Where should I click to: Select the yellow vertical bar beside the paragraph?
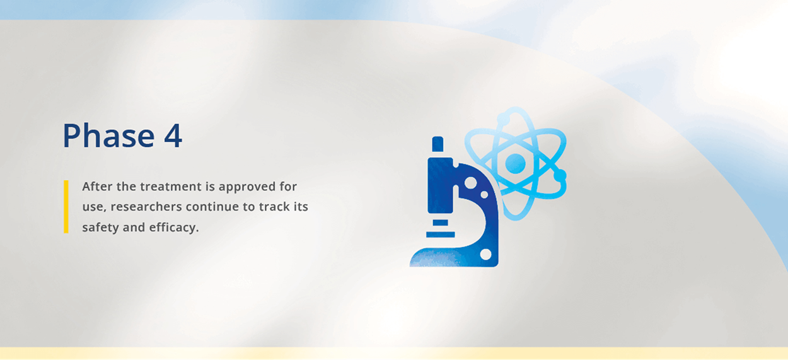[x=66, y=207]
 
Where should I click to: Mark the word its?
[x=300, y=207]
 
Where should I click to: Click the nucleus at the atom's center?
[x=515, y=163]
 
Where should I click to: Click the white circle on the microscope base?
[x=485, y=254]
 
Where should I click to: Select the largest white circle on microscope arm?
[x=470, y=182]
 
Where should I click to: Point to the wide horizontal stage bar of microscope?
[x=440, y=235]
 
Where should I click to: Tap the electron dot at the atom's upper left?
[x=502, y=118]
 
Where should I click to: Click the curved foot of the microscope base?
[x=435, y=257]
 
